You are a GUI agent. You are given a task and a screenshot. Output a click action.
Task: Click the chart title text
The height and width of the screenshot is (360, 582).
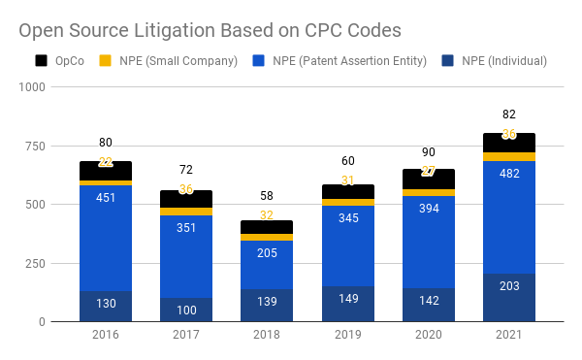(x=210, y=29)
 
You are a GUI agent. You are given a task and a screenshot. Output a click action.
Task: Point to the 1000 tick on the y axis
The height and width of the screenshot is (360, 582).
(x=33, y=87)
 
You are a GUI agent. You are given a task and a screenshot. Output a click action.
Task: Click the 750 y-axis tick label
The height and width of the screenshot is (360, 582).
(x=36, y=147)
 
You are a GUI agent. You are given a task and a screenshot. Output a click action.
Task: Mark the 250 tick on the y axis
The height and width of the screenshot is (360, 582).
(x=36, y=263)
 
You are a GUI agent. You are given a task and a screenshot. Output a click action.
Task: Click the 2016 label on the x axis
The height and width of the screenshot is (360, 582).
(x=105, y=336)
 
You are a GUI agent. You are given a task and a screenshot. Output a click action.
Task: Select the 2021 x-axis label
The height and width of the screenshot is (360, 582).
(x=508, y=336)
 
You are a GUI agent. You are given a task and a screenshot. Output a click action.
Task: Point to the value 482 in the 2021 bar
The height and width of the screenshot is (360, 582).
(x=508, y=173)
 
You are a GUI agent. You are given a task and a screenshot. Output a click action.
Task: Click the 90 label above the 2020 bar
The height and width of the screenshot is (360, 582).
(x=428, y=151)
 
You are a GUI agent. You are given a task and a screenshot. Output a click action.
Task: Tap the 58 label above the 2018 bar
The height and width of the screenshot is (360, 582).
(x=266, y=196)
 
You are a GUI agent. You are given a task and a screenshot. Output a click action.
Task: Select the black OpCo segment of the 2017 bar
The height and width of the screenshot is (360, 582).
(x=185, y=198)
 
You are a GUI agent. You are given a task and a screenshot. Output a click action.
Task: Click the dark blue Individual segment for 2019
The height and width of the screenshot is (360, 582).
(x=347, y=304)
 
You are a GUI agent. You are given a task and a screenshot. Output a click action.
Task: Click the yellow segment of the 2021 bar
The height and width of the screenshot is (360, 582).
(x=508, y=156)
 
